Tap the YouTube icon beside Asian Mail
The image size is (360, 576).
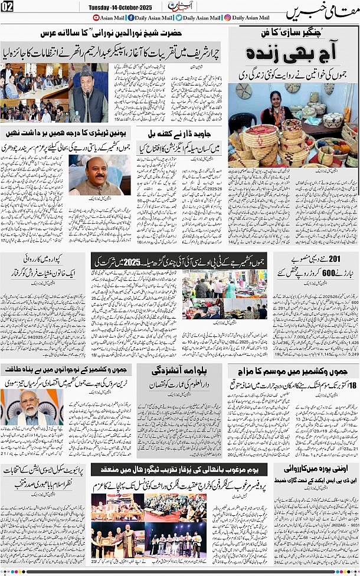point(97,18)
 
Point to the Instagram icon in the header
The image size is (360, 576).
point(228,18)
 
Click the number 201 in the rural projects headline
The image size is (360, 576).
point(345,259)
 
